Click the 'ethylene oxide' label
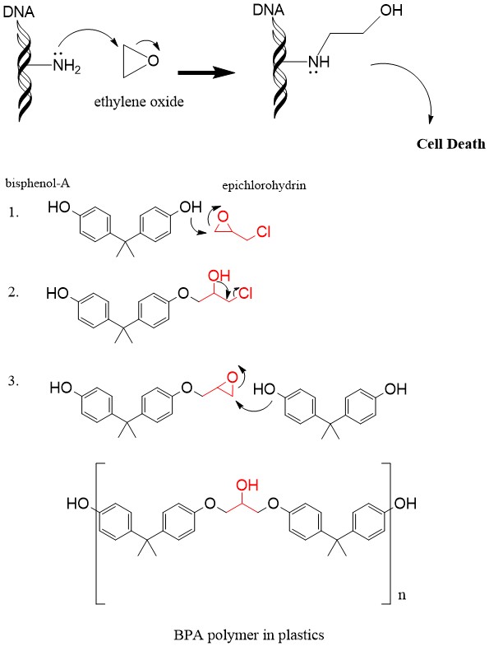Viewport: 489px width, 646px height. tap(139, 101)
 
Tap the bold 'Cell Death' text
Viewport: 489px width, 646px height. tap(450, 144)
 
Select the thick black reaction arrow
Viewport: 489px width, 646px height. tap(206, 73)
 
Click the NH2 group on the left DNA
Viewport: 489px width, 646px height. tap(67, 65)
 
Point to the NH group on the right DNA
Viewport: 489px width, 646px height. tap(319, 62)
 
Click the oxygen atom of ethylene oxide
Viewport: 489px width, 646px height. tap(153, 61)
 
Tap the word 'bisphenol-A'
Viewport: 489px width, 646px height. tap(38, 183)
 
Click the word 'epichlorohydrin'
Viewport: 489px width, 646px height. tap(264, 185)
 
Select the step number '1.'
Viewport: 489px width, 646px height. tap(14, 212)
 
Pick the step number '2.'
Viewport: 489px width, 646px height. tap(14, 292)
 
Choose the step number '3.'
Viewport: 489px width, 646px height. tap(14, 381)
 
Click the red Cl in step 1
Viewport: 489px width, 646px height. tap(264, 232)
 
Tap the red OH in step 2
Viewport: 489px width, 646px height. tap(219, 276)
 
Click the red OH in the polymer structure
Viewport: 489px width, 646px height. tap(247, 485)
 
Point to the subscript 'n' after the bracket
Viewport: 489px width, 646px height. tap(402, 595)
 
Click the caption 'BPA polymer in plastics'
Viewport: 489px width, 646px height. tap(249, 634)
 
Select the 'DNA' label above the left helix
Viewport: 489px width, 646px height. tap(19, 12)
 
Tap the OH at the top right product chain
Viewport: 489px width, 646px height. tap(391, 11)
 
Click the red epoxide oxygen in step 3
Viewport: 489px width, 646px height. tap(233, 377)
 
